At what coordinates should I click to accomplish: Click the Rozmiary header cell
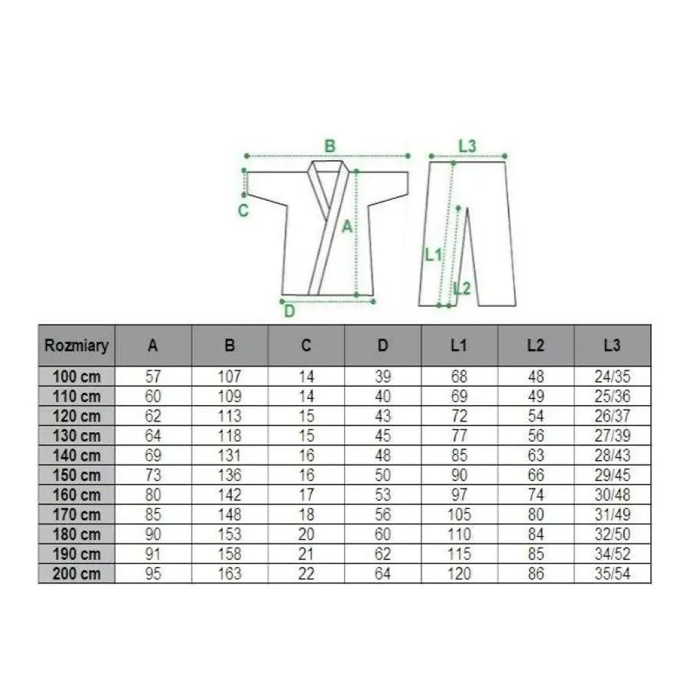[76, 345]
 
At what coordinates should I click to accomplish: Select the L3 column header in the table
[612, 345]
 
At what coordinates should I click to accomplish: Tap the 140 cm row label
[76, 455]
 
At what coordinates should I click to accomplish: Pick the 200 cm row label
[76, 574]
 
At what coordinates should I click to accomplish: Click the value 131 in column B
[230, 455]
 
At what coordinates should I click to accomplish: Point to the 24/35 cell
[612, 376]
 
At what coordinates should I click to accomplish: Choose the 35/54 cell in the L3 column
[612, 574]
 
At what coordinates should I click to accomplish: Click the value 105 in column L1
[459, 514]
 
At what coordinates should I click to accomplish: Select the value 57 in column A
[153, 376]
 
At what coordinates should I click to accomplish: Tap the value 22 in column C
[306, 574]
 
